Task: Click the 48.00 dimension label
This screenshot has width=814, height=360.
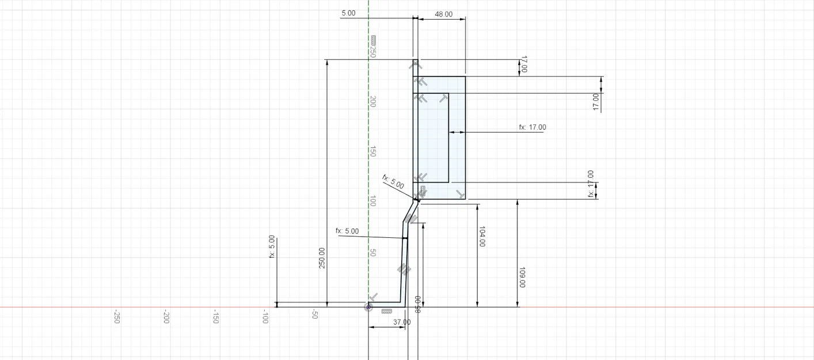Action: coord(443,14)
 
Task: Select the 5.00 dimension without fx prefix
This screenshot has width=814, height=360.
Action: coord(348,13)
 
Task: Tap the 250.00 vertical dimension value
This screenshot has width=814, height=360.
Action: coord(322,258)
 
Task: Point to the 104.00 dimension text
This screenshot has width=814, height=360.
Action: coord(481,236)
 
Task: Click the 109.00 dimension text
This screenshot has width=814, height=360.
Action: coord(522,277)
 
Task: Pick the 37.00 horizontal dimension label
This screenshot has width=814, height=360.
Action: coord(402,322)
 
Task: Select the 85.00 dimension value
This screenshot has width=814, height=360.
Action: coord(417,304)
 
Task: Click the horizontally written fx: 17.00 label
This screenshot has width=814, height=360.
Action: coord(532,127)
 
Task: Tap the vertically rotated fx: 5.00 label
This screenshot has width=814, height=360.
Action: coord(272,247)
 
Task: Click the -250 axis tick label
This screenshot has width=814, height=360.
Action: coord(116,317)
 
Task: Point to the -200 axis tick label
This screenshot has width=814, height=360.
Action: coord(166,317)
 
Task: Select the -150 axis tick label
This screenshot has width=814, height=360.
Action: coord(215,317)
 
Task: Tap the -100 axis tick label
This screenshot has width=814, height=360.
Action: coord(265,317)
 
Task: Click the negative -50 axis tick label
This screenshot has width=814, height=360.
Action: coord(315,315)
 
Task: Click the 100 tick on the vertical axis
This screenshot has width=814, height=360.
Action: coord(373,202)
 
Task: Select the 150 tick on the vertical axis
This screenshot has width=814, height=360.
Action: coord(373,151)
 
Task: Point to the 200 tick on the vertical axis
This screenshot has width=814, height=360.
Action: coord(373,102)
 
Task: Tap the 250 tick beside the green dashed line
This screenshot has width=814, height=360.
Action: coord(373,52)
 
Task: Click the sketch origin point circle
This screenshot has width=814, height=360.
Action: coord(368,308)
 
